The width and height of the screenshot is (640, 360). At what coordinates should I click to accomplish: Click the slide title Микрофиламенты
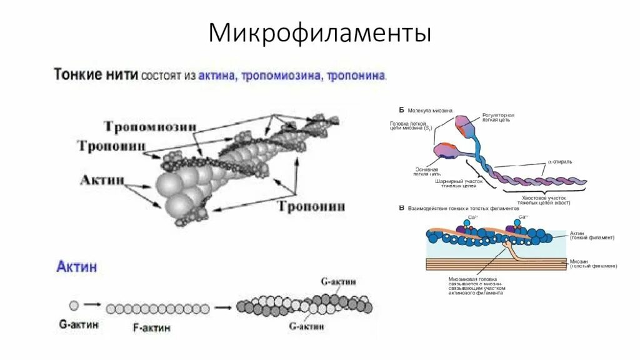point(319,33)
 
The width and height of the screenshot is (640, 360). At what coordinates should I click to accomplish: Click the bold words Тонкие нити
point(96,76)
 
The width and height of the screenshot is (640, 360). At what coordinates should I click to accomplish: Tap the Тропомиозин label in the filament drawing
point(150,127)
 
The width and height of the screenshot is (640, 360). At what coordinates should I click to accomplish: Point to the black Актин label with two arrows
point(102,180)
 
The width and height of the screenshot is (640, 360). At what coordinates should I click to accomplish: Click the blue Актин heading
point(76,267)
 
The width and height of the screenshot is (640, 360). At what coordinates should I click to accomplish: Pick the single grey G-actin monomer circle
point(74,306)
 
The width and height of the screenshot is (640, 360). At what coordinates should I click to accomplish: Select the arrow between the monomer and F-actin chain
point(92,306)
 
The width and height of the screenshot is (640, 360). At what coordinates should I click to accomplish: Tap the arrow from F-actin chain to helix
point(222,307)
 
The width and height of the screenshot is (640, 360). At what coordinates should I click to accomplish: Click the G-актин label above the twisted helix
point(338,282)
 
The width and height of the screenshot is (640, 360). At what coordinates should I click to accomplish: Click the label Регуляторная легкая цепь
point(498,119)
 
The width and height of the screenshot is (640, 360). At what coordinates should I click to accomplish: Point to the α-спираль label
point(560,161)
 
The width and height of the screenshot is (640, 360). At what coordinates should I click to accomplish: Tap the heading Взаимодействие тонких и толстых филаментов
point(463,208)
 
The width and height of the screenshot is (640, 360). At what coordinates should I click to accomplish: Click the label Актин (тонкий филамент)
point(591,235)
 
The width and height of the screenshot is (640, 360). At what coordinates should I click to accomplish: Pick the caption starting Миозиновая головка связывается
point(477,285)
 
